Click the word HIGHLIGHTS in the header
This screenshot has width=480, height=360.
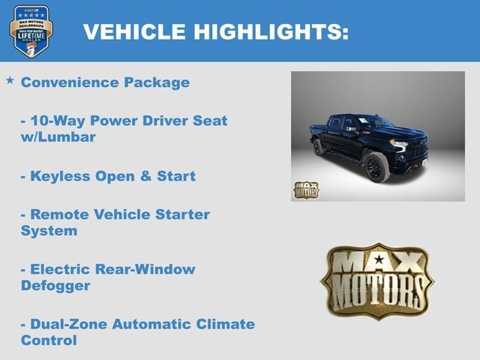click(x=271, y=31)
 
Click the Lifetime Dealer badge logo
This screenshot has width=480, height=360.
click(x=31, y=31)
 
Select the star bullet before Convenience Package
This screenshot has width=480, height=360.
click(x=10, y=79)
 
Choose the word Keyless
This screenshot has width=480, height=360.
click(x=58, y=176)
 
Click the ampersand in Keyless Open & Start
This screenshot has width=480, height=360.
click(x=145, y=176)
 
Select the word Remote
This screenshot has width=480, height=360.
click(x=57, y=214)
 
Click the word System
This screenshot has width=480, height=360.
click(x=49, y=231)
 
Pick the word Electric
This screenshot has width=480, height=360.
click(x=60, y=268)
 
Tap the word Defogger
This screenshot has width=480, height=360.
click(x=55, y=286)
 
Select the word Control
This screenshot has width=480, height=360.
click(x=49, y=341)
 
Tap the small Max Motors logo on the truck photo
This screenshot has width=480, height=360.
click(x=306, y=190)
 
